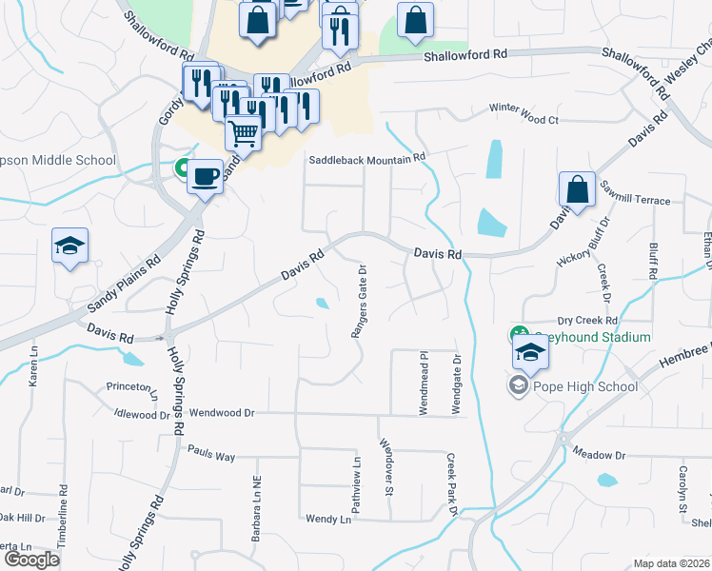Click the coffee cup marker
click(x=205, y=177)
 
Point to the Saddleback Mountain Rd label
click(x=366, y=159)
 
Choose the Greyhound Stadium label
click(x=590, y=337)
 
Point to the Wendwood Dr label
click(x=223, y=413)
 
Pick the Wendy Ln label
click(x=328, y=519)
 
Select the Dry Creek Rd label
click(x=588, y=320)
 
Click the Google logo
click(x=31, y=559)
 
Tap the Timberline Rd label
click(x=64, y=514)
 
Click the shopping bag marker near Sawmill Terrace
click(x=578, y=190)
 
